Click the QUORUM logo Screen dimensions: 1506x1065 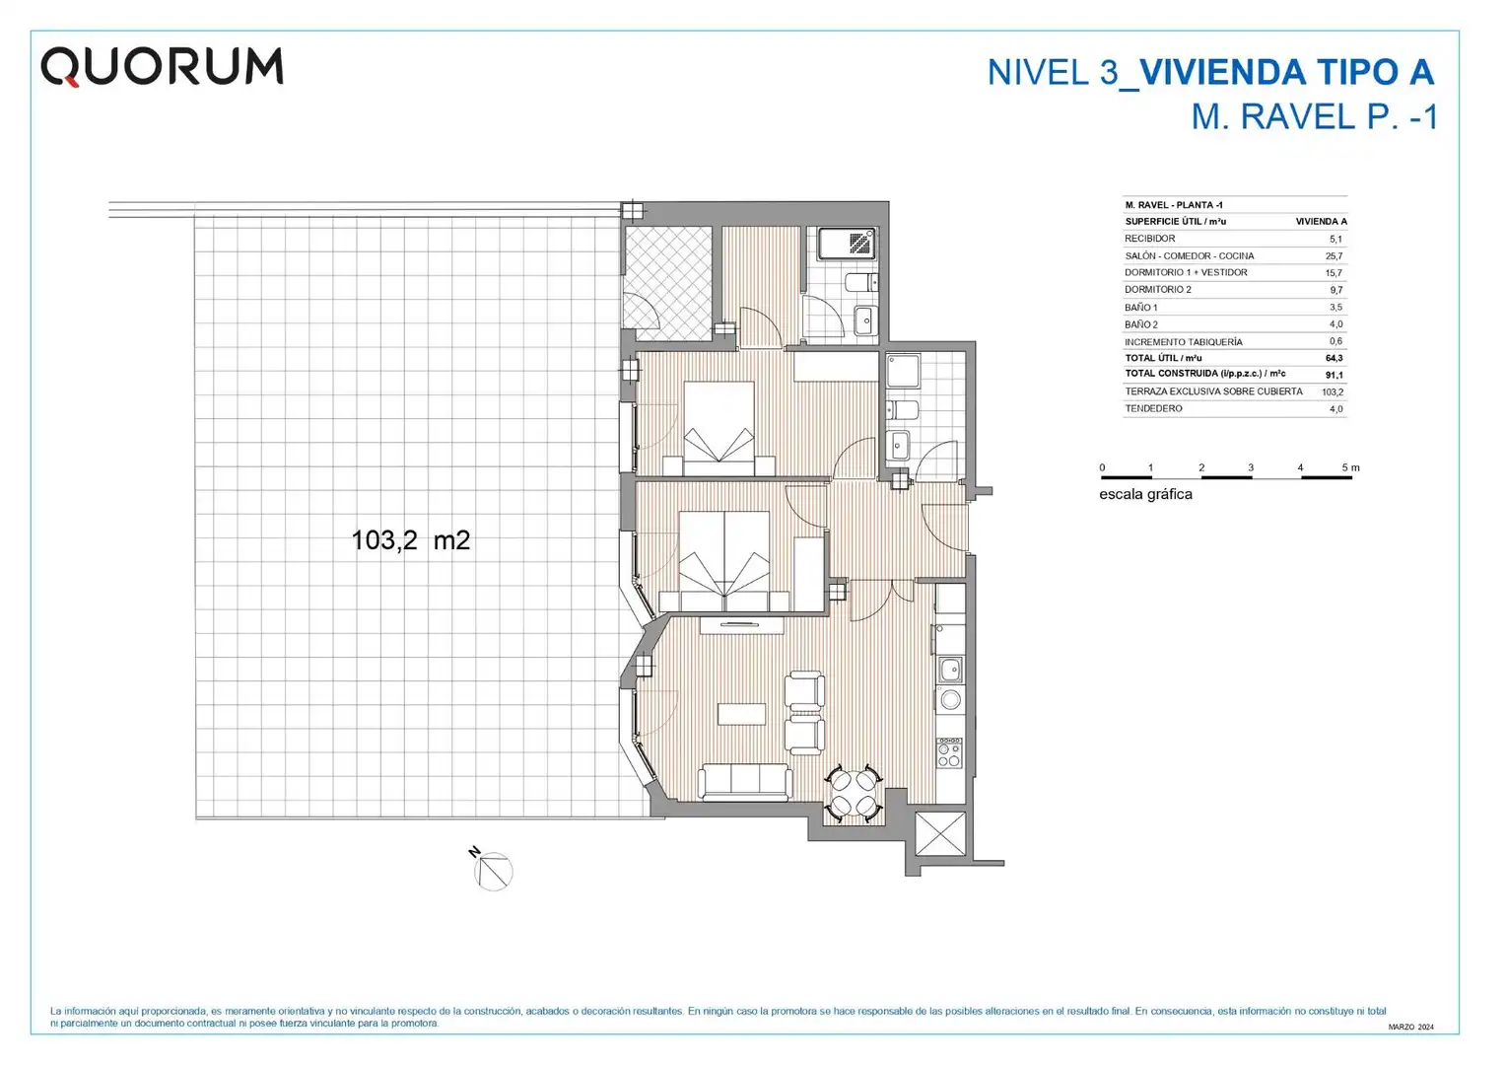click(x=162, y=67)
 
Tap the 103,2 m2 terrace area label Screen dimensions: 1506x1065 click(x=411, y=540)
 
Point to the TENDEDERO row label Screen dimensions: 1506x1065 click(x=1154, y=408)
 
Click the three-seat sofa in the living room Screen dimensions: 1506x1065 click(x=745, y=782)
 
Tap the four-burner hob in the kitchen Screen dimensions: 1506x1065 click(x=949, y=754)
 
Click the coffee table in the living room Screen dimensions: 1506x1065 click(x=741, y=714)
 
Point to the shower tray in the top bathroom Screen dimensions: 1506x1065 click(x=848, y=244)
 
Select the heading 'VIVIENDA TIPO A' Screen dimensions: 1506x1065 click(x=1287, y=73)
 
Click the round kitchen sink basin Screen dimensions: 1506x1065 click(x=950, y=700)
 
